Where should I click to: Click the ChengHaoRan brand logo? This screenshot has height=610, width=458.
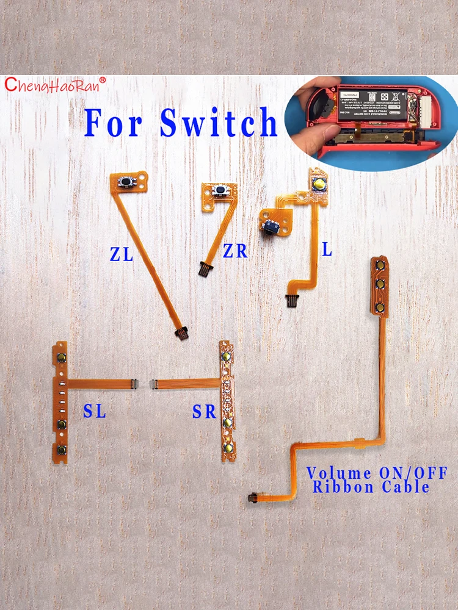coord(56,85)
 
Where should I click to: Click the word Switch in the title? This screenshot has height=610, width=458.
coord(219,123)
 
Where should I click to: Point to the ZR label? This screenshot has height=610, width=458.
coord(235,251)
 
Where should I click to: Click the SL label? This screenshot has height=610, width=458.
coord(94,412)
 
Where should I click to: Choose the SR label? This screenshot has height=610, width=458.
coord(205,412)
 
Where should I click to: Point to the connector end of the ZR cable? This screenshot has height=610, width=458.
coord(203,267)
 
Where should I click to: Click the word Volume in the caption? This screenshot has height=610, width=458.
coord(338,473)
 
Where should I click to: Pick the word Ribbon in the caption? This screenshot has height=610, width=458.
coord(342,487)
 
